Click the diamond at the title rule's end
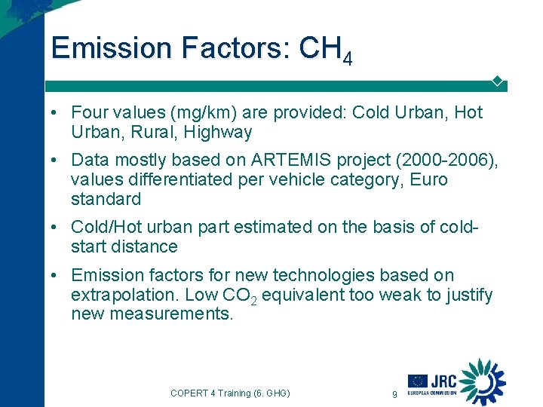[498, 81]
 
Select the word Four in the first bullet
[88, 113]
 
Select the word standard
[106, 200]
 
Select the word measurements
[172, 314]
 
